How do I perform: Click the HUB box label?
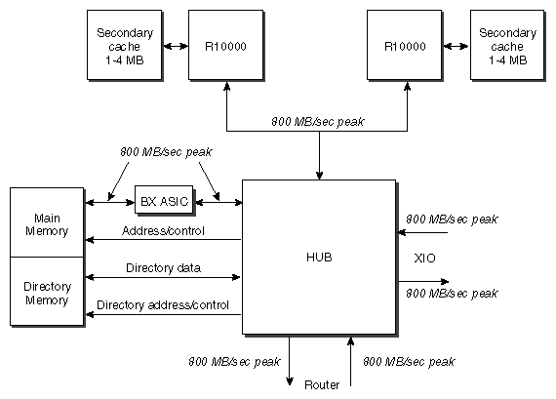318,258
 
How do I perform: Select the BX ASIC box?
163,201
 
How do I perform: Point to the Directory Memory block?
48,293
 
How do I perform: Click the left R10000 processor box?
225,45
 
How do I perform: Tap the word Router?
321,384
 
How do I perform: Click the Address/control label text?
163,231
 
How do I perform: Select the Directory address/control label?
163,305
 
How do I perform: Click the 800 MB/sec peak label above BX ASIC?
166,153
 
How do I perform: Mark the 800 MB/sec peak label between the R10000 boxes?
318,122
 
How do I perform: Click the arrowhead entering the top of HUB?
318,175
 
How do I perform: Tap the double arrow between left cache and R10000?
177,45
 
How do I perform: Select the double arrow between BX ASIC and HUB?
219,202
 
